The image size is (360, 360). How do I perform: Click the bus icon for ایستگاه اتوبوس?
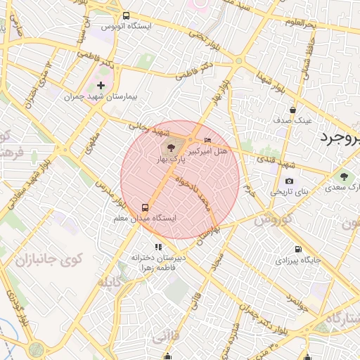(x=126, y=15)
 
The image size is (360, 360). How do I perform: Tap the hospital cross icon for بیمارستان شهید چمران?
(x=101, y=85)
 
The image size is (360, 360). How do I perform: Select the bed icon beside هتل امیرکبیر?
(x=207, y=140)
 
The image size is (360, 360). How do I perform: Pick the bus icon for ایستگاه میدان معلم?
(x=145, y=207)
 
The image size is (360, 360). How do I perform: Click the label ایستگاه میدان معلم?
(x=145, y=219)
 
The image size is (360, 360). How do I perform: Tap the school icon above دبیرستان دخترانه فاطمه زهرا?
(x=159, y=247)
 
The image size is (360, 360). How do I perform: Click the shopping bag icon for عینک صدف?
(x=292, y=110)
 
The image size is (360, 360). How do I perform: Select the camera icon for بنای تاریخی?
(x=289, y=181)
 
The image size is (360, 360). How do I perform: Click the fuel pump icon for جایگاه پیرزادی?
(x=298, y=249)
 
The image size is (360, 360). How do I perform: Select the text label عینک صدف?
(x=292, y=120)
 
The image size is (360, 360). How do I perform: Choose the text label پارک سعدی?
(x=343, y=188)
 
